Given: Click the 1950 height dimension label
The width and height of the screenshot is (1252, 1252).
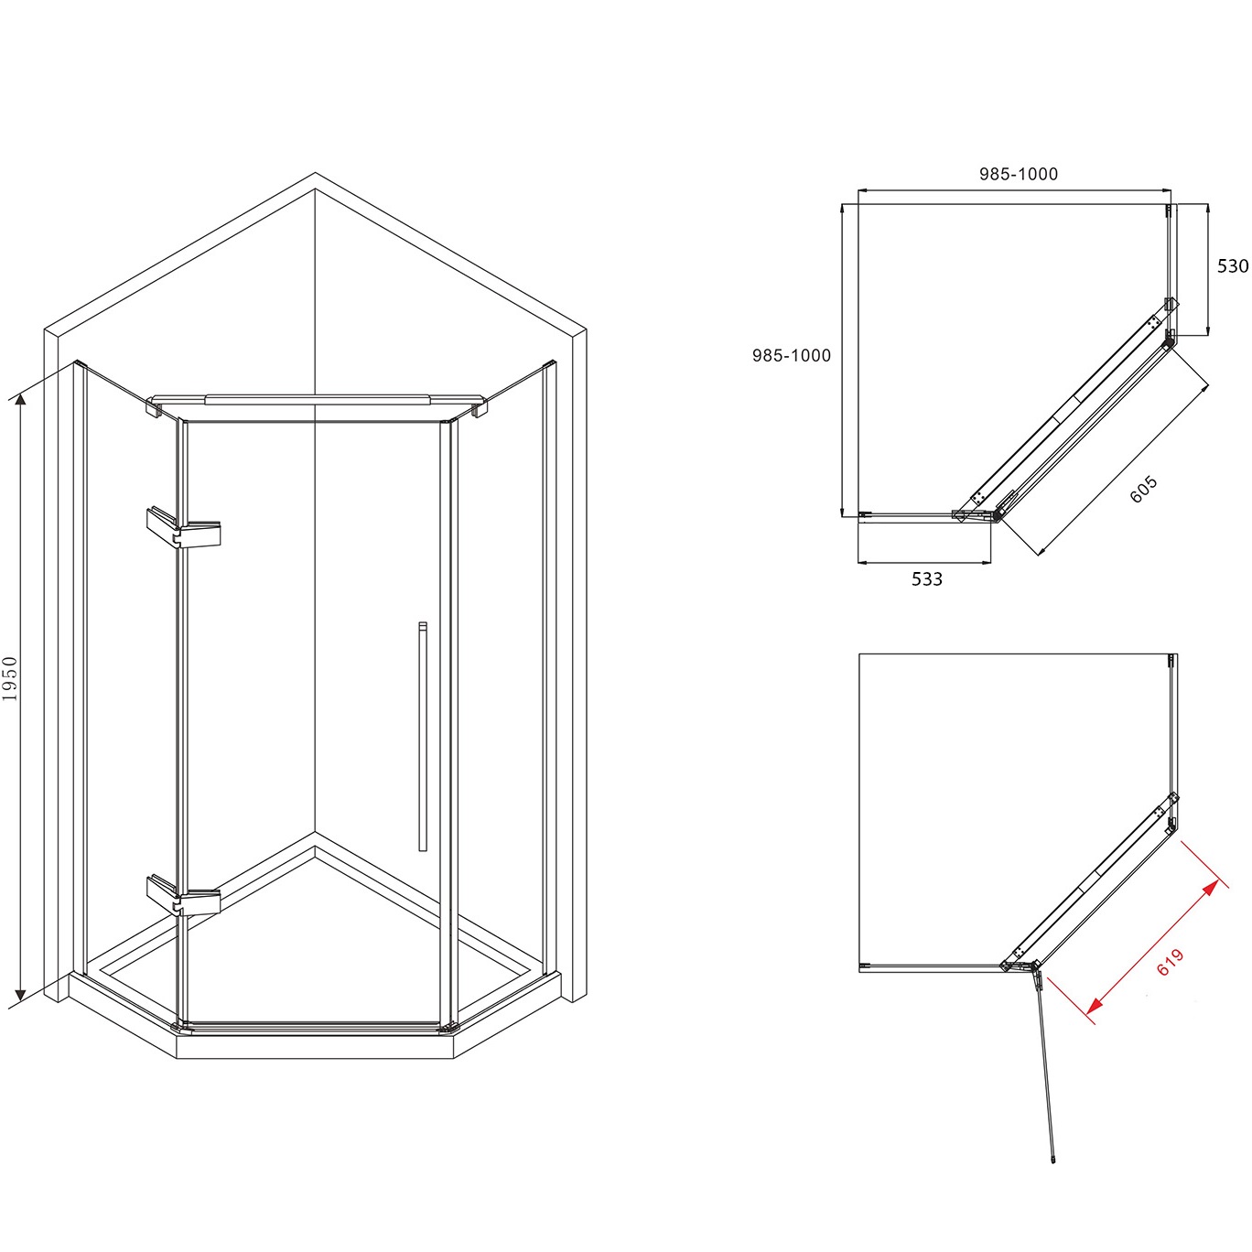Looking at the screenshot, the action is [10, 678].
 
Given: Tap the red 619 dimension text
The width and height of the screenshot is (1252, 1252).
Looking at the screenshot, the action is [1171, 962].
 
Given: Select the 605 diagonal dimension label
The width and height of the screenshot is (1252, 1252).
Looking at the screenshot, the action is [1143, 490].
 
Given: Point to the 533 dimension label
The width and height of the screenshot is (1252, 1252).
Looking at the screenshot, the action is [926, 579].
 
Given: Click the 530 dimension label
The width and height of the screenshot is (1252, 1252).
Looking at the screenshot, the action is [1233, 265].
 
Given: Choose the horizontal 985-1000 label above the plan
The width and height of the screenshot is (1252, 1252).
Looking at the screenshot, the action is [1018, 174].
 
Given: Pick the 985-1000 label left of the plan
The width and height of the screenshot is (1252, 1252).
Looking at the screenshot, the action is [792, 355].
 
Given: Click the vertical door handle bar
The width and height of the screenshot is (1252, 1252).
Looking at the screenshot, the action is [423, 736].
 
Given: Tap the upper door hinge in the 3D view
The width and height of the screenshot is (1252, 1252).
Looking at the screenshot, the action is [184, 527].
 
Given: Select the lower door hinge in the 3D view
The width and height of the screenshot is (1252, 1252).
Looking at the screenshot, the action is [184, 896].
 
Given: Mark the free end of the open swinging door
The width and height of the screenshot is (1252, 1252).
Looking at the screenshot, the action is [1052, 1159].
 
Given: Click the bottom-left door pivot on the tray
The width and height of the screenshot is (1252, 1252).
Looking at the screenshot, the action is [180, 1027].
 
